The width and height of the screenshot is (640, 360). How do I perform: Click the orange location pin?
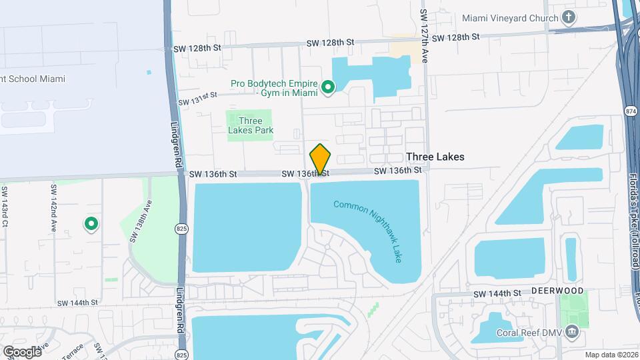click(x=321, y=159)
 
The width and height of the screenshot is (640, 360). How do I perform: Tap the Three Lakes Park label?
click(x=251, y=126)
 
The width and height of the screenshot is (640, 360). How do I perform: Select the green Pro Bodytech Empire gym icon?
click(x=328, y=87)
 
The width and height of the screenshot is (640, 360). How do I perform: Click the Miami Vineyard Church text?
click(x=509, y=17)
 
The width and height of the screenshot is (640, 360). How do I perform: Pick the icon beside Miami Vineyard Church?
click(x=569, y=17)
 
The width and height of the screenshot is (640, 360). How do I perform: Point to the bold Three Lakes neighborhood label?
click(x=435, y=157)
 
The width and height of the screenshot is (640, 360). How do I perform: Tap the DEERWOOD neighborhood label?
click(x=557, y=291)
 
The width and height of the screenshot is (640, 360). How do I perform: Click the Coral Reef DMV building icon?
click(x=572, y=332)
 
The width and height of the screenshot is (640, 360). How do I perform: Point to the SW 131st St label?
click(x=198, y=99)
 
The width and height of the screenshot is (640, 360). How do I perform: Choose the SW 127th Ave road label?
click(x=424, y=37)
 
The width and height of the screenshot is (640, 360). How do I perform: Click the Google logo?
click(x=22, y=351)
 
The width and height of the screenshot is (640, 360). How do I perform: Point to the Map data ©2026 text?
click(x=611, y=355)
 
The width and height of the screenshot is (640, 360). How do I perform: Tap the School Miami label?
click(x=33, y=79)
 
